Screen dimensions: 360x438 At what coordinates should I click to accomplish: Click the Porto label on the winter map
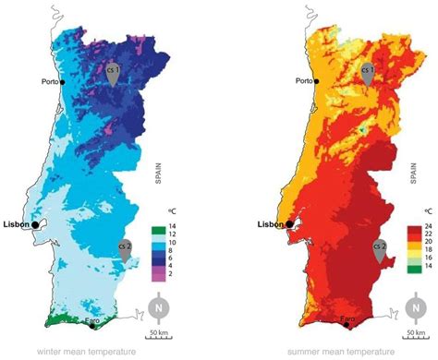click(x=46, y=81)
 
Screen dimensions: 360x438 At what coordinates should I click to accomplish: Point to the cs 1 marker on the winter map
click(x=112, y=73)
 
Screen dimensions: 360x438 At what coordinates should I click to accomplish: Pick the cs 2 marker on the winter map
click(x=125, y=248)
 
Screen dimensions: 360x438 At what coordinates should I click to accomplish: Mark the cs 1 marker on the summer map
click(x=368, y=73)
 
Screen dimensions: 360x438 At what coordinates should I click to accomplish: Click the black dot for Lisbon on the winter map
click(x=35, y=224)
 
